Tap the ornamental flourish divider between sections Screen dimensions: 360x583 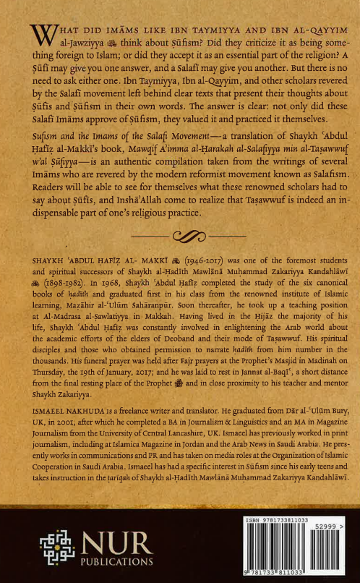(x=180, y=235)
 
